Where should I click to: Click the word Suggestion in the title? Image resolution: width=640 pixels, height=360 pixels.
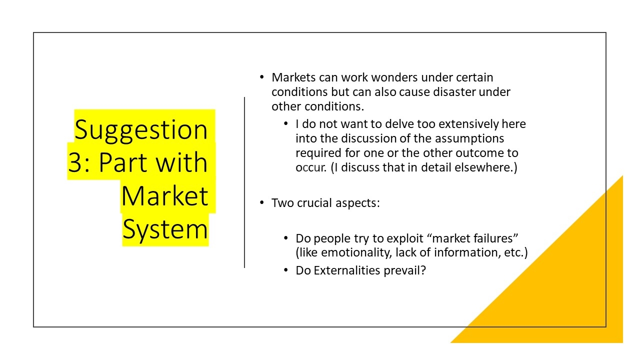pos(141,130)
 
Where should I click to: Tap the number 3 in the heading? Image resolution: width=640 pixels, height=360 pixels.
pos(75,162)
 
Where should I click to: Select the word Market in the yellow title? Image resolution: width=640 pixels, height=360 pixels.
pos(164,196)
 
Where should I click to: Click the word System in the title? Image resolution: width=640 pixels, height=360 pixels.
pos(165,229)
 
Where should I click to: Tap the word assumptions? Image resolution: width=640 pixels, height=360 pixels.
pos(469,139)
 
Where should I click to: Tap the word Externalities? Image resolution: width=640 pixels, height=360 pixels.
pos(347,270)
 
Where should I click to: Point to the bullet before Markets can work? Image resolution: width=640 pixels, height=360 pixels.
pos(261,77)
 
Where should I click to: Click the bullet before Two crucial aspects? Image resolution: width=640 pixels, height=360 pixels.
pos(261,202)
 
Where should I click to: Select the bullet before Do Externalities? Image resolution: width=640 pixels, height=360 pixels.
pos(285,270)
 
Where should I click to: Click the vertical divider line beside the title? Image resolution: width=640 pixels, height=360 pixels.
pos(244,182)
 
